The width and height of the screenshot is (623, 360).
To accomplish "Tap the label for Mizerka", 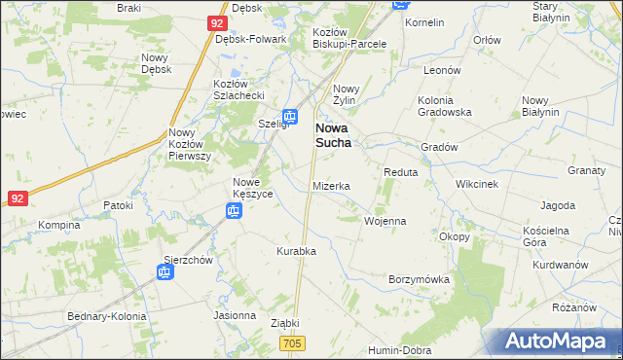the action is pos(331,186).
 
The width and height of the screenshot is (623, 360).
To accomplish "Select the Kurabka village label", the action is pos(296,251).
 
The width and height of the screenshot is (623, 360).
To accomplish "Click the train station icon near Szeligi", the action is pos(290,116).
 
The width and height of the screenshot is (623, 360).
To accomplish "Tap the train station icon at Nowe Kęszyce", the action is pos(234,210).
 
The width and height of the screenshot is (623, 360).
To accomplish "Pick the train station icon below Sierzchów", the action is pos(165,272).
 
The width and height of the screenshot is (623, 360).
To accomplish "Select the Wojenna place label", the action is pos(385,221).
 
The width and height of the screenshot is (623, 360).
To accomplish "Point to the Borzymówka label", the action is pos(419,279).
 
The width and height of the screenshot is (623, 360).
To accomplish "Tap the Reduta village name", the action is pos(400,172).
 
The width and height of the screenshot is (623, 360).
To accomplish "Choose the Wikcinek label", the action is pos(477,183).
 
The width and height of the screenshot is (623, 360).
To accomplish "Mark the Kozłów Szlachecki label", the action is pos(239,90).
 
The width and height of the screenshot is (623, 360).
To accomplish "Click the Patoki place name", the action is pos(118,206).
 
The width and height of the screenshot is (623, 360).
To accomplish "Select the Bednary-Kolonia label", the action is pos(106,317).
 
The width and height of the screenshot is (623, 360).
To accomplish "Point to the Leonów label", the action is pos(441,70).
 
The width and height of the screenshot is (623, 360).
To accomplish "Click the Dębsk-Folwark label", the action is pos(250,40).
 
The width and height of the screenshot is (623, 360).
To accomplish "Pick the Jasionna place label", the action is pos(235,315).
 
